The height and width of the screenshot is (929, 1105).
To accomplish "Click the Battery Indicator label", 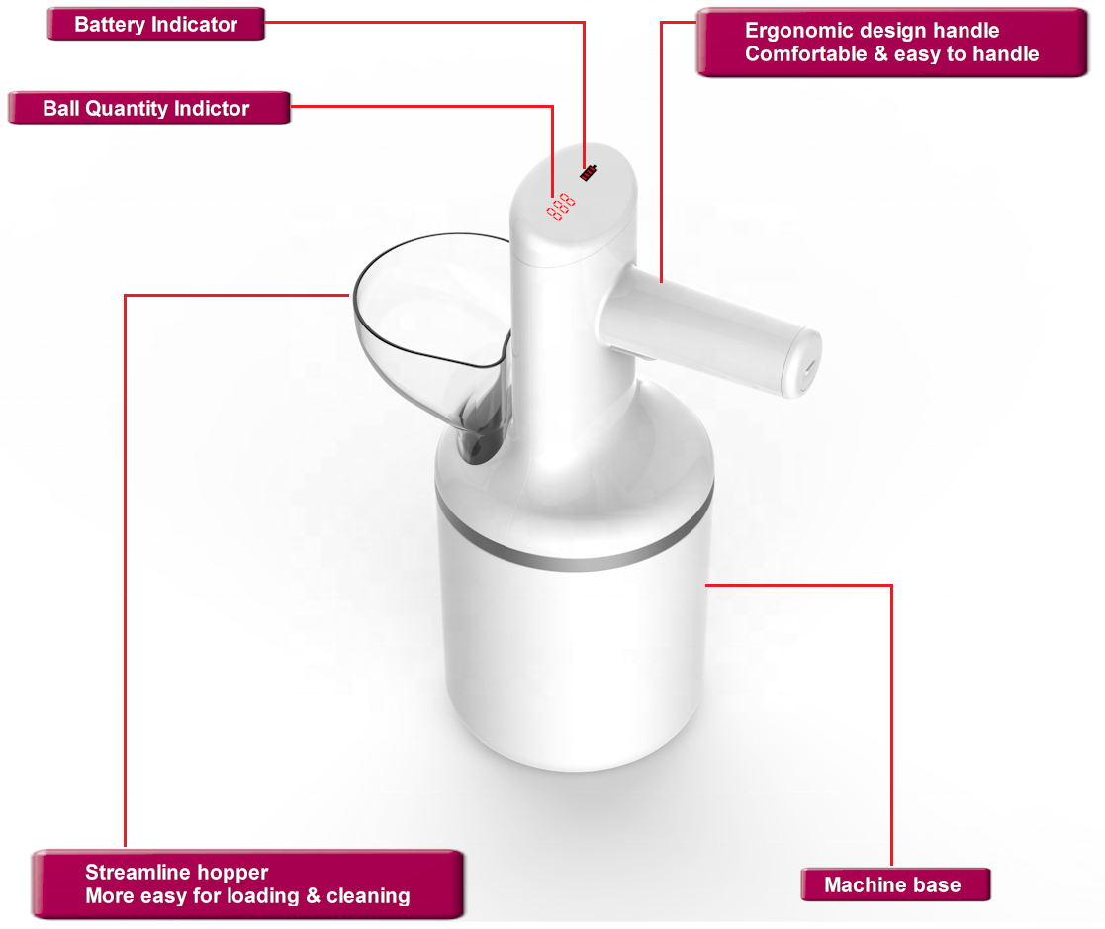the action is pos(156,24).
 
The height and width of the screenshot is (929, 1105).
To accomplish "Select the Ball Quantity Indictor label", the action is pos(148,108).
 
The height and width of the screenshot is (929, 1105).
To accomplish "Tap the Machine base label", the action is pos(895,884).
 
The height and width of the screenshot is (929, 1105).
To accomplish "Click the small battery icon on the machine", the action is pos(589,172).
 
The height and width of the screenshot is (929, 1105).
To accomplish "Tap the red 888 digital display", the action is pos(561,207).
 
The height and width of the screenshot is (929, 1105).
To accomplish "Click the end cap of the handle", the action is pos(804,364).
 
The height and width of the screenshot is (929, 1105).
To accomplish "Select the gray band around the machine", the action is pos(575,543).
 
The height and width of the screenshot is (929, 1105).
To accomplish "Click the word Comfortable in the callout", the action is pos(806,54).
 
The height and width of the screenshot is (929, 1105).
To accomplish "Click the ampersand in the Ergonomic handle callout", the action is pos(880,54).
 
